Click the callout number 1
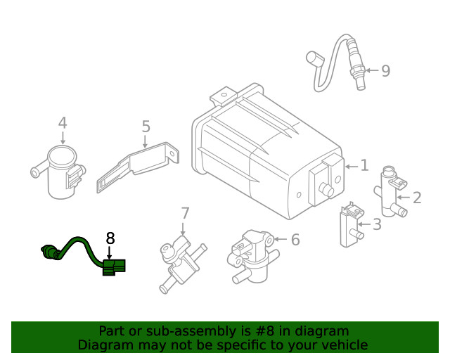pos(364,166)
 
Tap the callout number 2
pos(417,198)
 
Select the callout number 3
pos(377,225)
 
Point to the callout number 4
pos(63,123)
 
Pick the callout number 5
pos(146,127)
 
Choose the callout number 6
pos(295,240)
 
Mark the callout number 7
pos(185,212)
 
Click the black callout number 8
pos(110,238)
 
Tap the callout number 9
pos(385,70)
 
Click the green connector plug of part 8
pos(113,266)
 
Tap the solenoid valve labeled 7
pos(181,260)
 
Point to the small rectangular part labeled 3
pos(349,226)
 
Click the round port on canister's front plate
pos(326,189)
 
